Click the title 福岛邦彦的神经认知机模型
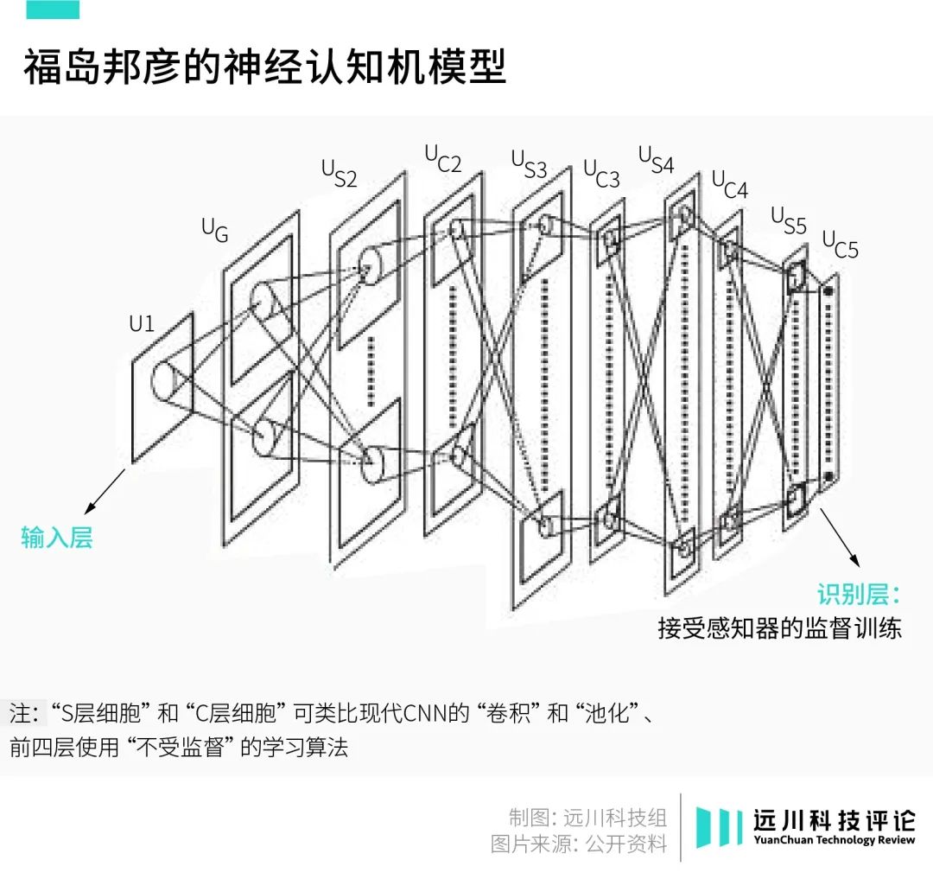coord(263,67)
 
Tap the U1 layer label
coord(142,324)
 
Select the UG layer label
coord(214,229)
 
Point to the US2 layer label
coord(339,172)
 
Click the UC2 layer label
coord(442,158)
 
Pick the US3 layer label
coord(529,163)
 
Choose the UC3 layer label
coord(601,173)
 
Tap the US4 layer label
coord(656,159)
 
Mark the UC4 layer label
coord(730,184)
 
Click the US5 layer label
coord(788,220)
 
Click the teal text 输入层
coord(56,538)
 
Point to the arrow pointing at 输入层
coord(105,492)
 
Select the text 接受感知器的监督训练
coord(779,627)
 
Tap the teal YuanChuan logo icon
coord(719,827)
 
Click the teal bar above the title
coord(53,10)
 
